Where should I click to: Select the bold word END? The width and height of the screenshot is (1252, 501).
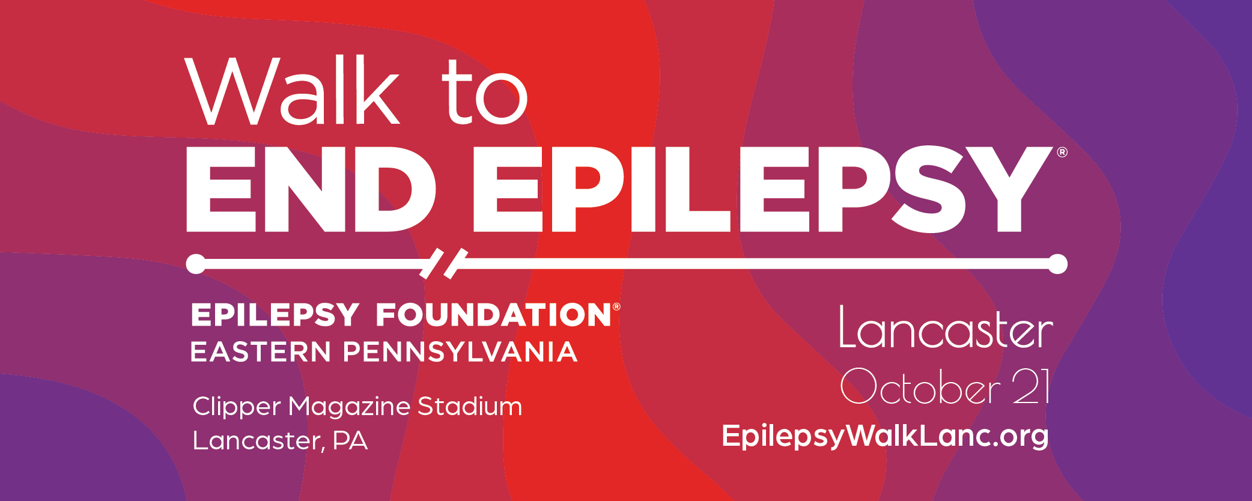pyautogui.click(x=311, y=189)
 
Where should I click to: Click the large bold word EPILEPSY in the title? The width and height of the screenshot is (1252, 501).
pyautogui.click(x=763, y=189)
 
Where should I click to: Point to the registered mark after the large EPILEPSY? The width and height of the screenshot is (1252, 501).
pyautogui.click(x=1062, y=153)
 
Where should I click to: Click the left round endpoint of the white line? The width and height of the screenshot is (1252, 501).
pyautogui.click(x=196, y=264)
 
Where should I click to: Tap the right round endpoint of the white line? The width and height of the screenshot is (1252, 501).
pyautogui.click(x=1057, y=264)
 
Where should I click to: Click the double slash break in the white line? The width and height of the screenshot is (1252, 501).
pyautogui.click(x=444, y=263)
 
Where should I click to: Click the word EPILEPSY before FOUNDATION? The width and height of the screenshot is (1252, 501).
pyautogui.click(x=275, y=315)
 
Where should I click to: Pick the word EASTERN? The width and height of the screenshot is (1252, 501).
pyautogui.click(x=261, y=352)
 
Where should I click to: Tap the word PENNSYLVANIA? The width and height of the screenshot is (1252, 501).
pyautogui.click(x=460, y=352)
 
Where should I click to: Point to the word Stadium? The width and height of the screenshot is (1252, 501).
pyautogui.click(x=470, y=407)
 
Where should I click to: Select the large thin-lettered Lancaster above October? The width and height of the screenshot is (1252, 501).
pyautogui.click(x=946, y=327)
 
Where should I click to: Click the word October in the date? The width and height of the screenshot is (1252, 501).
pyautogui.click(x=921, y=386)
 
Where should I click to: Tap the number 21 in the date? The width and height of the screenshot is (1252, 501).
pyautogui.click(x=1031, y=386)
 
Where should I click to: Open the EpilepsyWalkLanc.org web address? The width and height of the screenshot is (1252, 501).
pyautogui.click(x=886, y=436)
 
